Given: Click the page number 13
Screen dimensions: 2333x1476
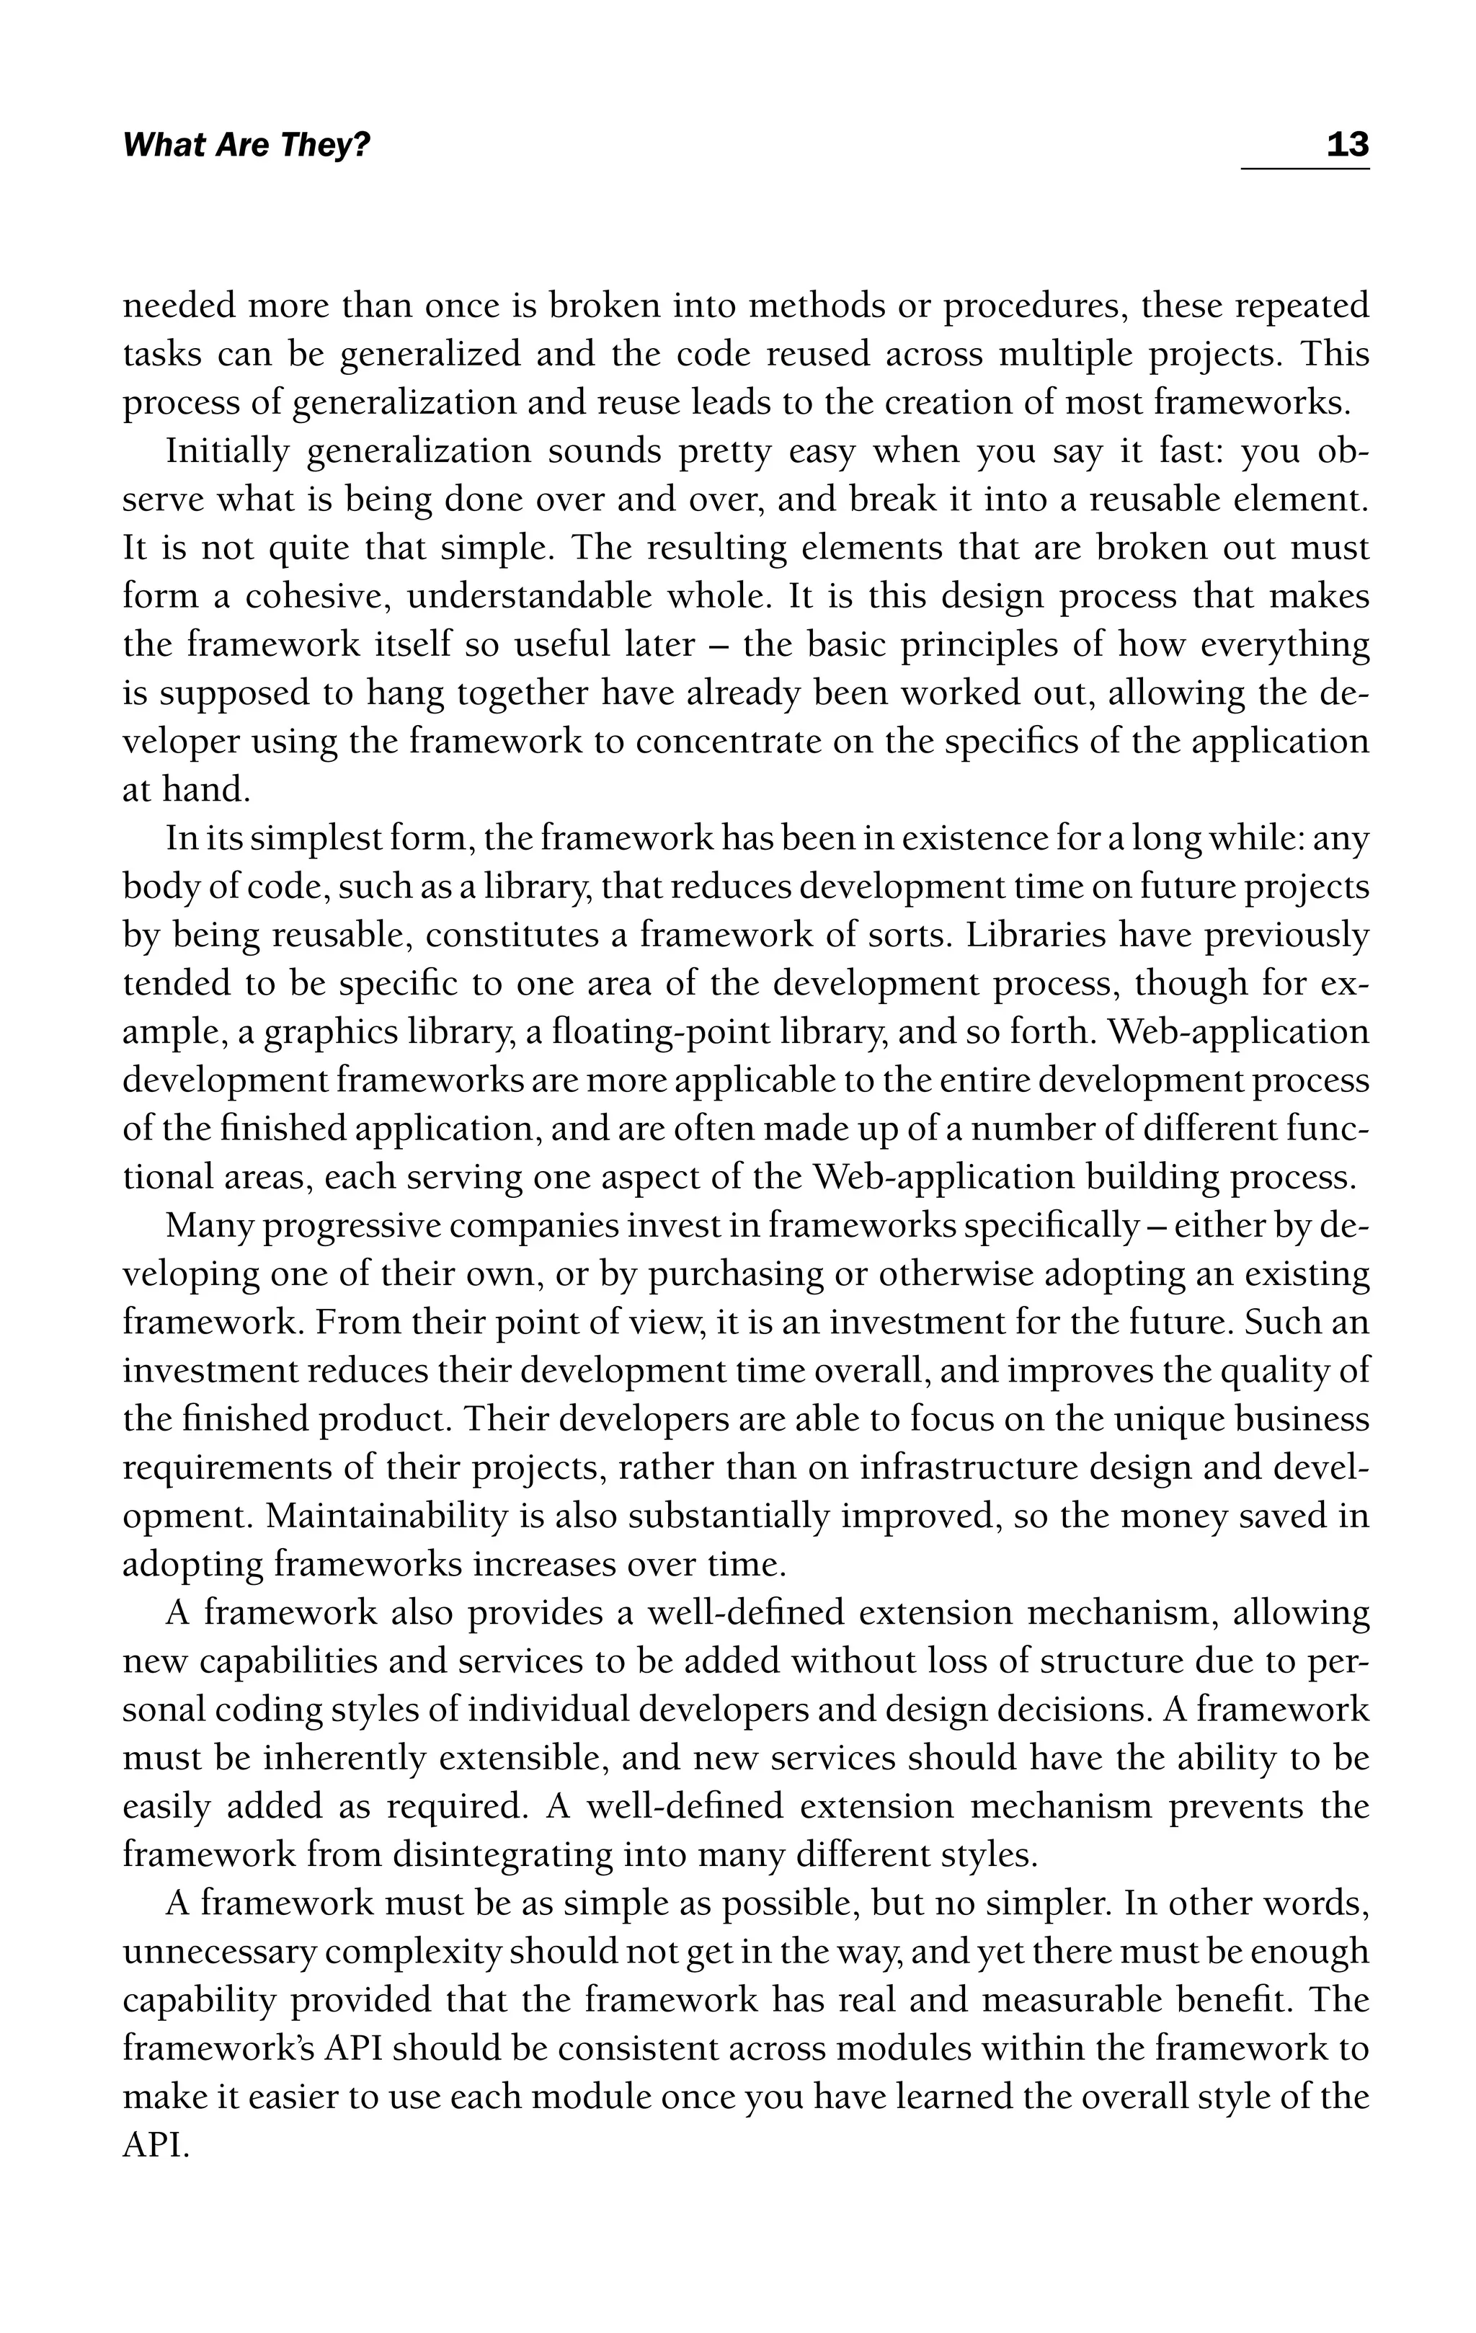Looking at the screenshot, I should point(1347,146).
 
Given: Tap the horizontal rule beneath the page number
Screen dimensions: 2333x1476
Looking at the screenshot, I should point(1304,169).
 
